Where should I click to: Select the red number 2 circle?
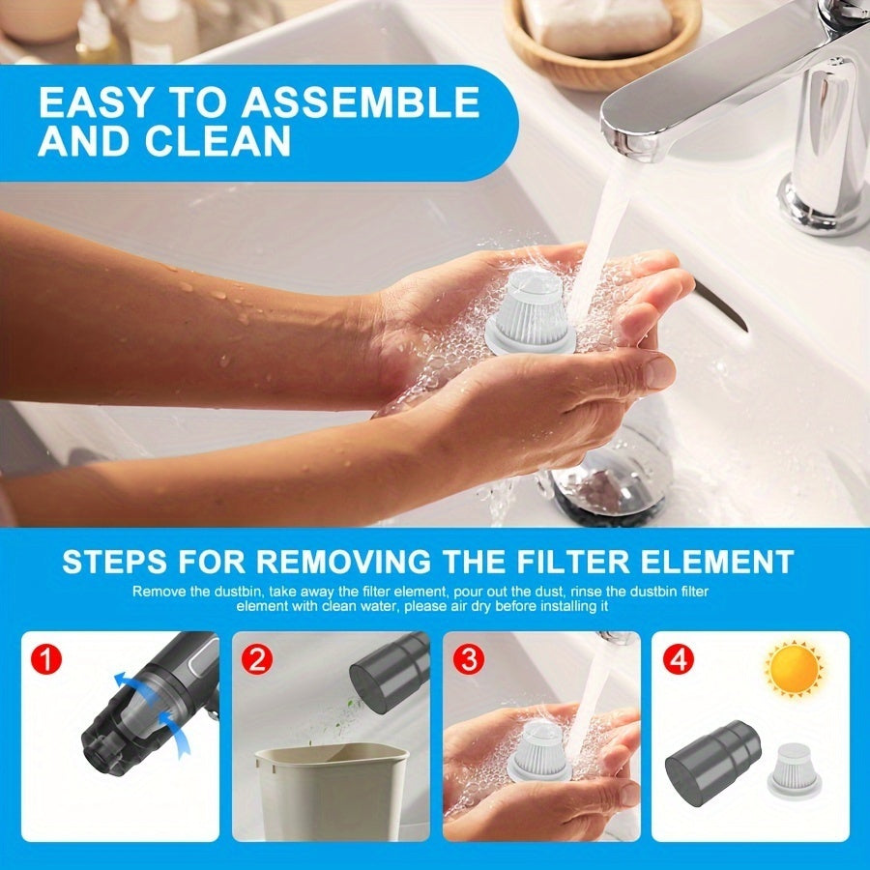258,662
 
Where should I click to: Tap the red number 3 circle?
469,662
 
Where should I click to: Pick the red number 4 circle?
679,662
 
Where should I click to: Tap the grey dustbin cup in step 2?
389,671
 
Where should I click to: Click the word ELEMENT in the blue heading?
722,562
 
